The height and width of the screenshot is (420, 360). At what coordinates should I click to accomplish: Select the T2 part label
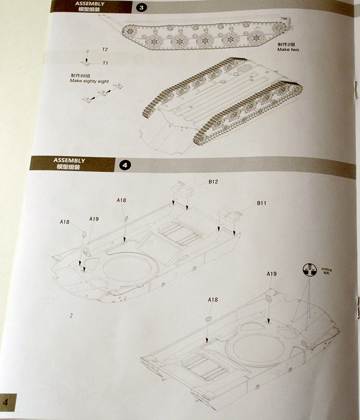click(x=105, y=49)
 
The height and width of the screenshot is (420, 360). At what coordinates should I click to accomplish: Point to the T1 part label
click(x=105, y=63)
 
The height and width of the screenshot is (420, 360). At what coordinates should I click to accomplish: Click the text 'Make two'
click(x=288, y=49)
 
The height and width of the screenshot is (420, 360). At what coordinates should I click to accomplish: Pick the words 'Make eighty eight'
click(x=90, y=81)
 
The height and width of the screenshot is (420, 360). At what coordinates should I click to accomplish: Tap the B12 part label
click(x=213, y=182)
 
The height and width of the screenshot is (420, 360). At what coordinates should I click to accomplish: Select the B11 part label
click(x=261, y=203)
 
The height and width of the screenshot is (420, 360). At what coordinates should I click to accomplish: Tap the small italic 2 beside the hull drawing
click(x=71, y=315)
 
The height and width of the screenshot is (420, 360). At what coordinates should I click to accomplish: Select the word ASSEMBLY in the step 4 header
click(x=69, y=160)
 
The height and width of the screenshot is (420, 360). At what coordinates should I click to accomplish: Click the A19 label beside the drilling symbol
click(x=271, y=273)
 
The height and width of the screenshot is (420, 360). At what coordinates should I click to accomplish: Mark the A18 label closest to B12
click(x=121, y=200)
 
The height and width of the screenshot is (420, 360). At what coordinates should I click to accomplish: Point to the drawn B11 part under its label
click(x=229, y=213)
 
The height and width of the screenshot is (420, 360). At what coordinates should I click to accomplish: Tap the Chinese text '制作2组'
click(x=285, y=43)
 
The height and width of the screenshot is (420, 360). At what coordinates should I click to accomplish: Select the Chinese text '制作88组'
click(x=80, y=75)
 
